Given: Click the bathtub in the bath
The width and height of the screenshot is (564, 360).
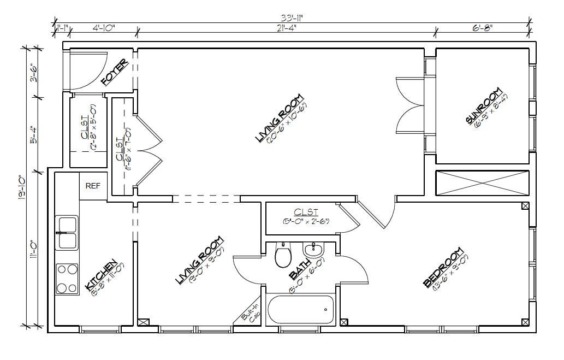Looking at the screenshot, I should [x=301, y=311].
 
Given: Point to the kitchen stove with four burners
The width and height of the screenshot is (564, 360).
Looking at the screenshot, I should [x=67, y=279].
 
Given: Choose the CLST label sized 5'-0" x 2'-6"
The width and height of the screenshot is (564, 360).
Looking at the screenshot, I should [x=306, y=212].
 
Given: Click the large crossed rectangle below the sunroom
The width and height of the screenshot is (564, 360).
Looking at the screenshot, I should [x=482, y=182].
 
